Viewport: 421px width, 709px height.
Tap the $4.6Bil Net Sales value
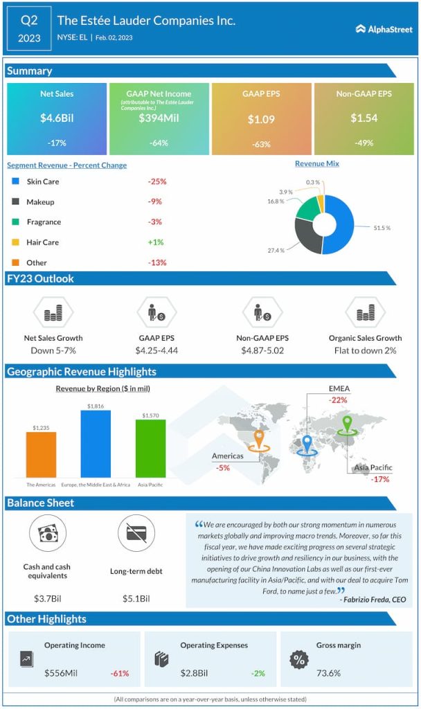57,118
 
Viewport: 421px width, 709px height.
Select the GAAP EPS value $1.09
261,119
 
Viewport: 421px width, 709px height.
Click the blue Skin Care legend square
15,181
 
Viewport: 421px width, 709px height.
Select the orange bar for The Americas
41,455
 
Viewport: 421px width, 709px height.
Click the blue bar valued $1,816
96,444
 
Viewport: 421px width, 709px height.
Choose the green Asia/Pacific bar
150,448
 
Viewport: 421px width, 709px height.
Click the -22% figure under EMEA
338,400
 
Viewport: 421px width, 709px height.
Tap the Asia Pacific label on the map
373,468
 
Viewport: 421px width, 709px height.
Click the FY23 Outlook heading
40,278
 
